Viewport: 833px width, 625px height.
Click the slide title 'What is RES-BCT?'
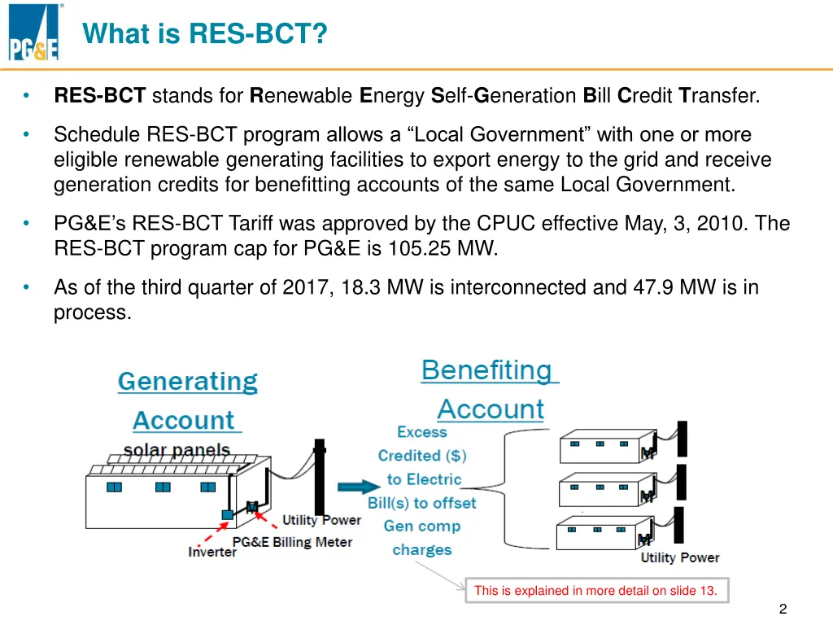204,34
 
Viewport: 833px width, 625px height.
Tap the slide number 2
783,609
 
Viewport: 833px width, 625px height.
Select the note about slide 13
595,591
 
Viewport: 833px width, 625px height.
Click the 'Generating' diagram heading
188,382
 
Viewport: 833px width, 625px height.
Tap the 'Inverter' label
212,552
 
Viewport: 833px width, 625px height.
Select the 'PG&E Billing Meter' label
292,541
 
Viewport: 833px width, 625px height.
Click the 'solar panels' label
177,450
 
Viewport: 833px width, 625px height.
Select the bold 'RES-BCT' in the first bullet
100,96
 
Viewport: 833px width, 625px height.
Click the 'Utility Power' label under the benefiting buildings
680,557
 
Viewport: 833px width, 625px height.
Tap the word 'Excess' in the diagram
422,432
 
